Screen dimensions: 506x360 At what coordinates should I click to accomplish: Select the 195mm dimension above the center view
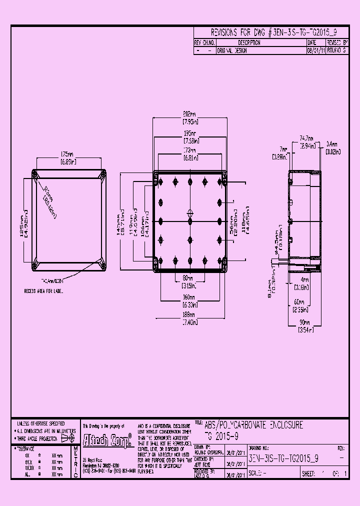189,134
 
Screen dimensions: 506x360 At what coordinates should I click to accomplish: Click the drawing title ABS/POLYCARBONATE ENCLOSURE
254,425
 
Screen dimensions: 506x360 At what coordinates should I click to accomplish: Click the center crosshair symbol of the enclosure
189,211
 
